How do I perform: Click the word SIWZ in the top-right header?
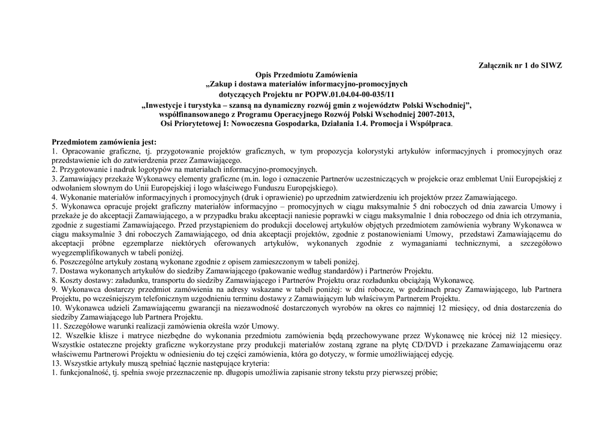point(552,65)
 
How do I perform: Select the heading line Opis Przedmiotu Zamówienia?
point(306,74)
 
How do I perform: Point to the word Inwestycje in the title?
point(167,106)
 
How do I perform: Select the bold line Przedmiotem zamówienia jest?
point(104,142)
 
